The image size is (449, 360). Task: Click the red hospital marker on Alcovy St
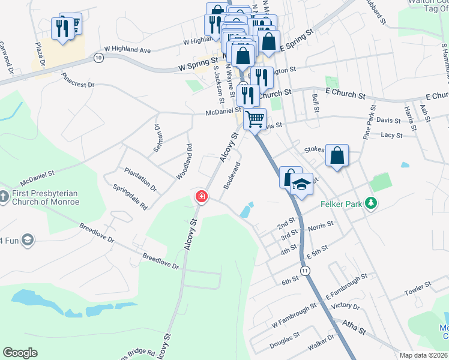click(201, 197)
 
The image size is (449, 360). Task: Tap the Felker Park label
click(345, 205)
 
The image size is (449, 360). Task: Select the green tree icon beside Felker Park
click(372, 204)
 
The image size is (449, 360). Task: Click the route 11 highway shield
click(307, 271)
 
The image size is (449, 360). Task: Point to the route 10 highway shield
click(98, 57)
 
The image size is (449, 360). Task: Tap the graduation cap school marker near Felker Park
click(302, 184)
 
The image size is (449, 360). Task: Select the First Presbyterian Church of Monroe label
click(45, 199)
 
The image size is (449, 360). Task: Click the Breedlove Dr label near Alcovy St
click(160, 261)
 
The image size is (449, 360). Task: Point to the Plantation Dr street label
click(140, 179)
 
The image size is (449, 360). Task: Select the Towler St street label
click(418, 288)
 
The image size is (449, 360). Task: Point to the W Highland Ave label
click(127, 49)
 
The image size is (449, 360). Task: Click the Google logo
click(20, 353)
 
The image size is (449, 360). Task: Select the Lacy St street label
click(391, 135)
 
